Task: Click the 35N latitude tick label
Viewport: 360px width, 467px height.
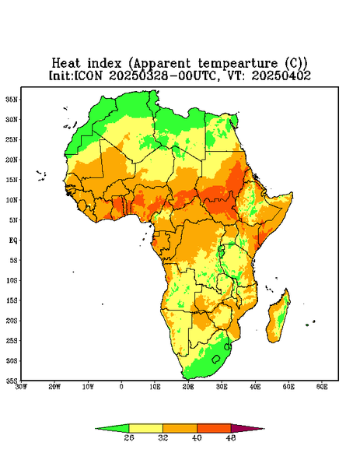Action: coord(11,100)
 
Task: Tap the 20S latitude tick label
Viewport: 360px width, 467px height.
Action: coord(11,321)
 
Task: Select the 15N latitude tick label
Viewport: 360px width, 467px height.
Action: coord(11,180)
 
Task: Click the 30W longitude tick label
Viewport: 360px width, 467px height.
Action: coord(21,387)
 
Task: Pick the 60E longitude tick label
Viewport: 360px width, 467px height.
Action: coord(322,387)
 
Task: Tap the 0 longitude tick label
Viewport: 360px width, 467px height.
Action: coord(121,387)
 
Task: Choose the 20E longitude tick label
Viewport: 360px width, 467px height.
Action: coord(188,387)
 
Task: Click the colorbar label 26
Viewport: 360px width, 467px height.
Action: coord(129,437)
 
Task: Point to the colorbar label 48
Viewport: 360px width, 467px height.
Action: coord(231,437)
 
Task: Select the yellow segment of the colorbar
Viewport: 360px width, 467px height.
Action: coord(145,428)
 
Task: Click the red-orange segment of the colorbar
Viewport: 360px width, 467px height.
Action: coord(214,428)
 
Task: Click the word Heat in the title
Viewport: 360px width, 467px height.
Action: coord(66,64)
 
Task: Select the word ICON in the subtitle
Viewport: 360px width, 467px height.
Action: coord(88,75)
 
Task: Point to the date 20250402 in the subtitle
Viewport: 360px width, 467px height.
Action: coord(281,75)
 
